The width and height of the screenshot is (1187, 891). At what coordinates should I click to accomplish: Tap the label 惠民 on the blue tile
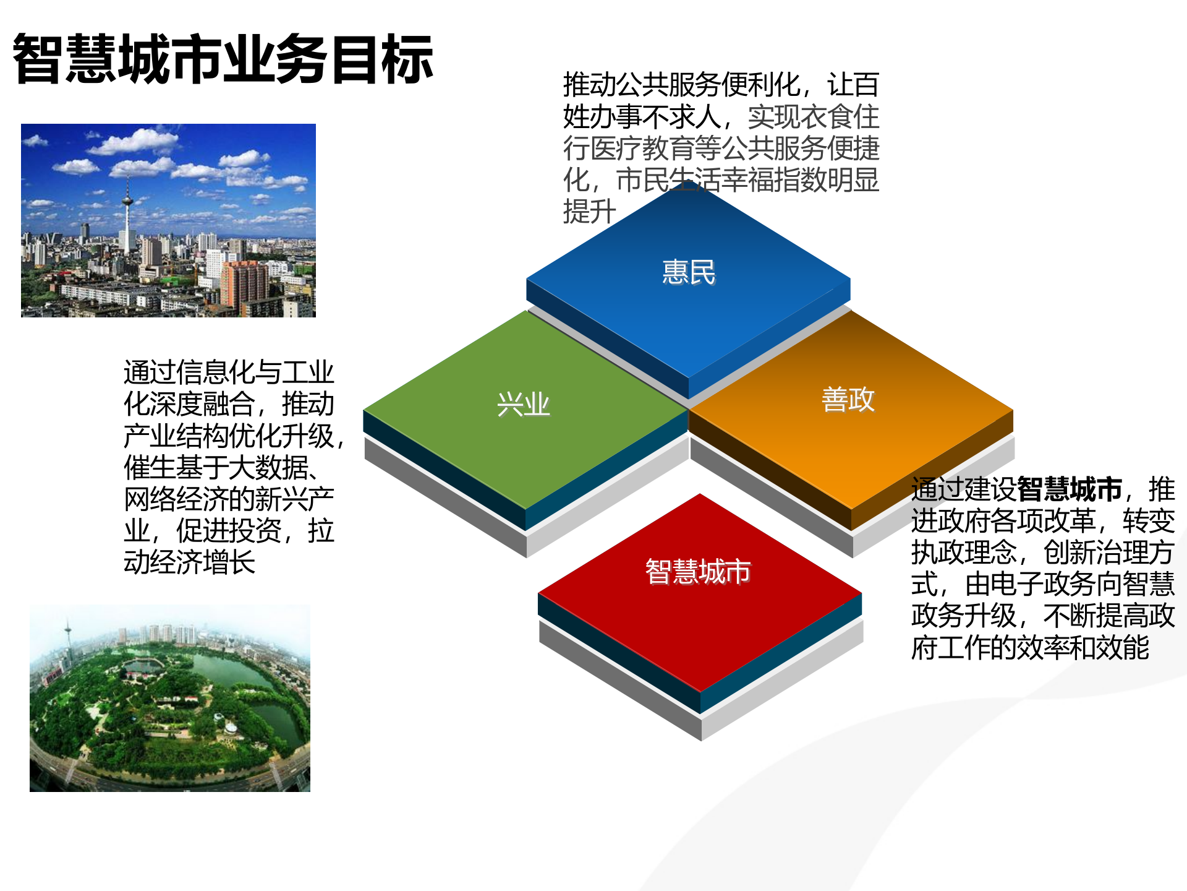coord(689,272)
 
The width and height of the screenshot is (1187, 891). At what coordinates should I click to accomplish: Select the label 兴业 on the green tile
coord(523,405)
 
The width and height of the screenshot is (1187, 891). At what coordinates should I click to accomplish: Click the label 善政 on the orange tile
coord(848,399)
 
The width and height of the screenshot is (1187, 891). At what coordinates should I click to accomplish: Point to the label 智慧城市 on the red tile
coord(698,571)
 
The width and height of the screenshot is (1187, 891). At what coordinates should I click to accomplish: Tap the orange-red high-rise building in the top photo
coord(244,285)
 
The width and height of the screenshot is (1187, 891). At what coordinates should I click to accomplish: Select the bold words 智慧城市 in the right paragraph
coord(1069,489)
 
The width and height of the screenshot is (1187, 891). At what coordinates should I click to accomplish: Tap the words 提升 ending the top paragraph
coord(589,212)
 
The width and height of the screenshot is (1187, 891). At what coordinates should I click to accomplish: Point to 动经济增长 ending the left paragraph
coord(189,562)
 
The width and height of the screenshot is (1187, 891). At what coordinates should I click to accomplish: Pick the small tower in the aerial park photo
coord(67,637)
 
